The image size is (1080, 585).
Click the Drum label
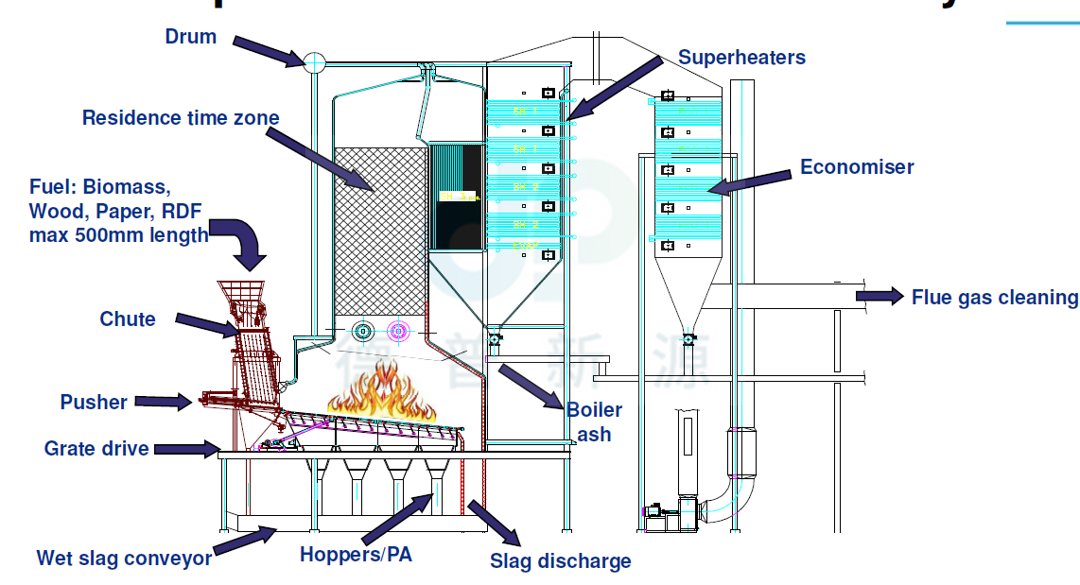190,37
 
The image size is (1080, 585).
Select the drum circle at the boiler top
314,63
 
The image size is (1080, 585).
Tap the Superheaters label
741,57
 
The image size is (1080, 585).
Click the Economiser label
857,167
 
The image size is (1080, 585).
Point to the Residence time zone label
181,118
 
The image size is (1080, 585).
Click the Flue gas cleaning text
994,298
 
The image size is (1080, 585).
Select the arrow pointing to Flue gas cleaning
880,297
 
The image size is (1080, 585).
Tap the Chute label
128,319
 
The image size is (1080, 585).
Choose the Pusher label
94,403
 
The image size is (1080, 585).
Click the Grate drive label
96,448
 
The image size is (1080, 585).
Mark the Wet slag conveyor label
124,559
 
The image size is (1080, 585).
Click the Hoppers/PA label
356,555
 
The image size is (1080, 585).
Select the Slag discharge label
560,561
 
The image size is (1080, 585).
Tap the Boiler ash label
594,422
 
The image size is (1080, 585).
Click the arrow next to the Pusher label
164,402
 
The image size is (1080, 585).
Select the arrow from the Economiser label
751,182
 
